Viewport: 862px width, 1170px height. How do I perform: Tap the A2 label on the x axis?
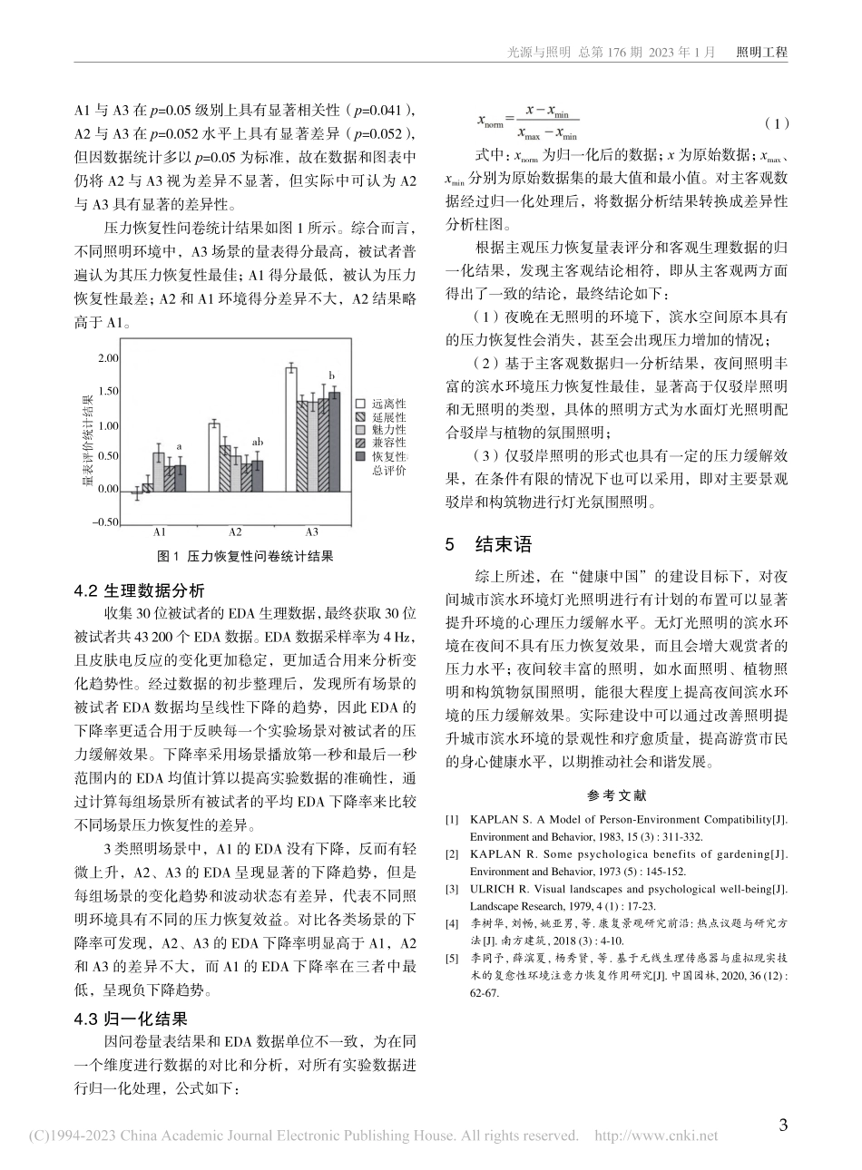click(x=235, y=531)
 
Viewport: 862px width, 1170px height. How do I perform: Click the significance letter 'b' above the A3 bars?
click(x=332, y=375)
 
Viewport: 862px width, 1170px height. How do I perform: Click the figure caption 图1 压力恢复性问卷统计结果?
click(x=245, y=556)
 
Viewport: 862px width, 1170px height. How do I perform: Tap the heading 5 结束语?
click(x=487, y=545)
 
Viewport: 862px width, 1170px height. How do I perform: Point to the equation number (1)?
click(x=777, y=122)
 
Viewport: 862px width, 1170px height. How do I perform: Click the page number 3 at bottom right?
click(x=784, y=1126)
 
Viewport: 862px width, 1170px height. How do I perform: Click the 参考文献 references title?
click(x=616, y=795)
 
